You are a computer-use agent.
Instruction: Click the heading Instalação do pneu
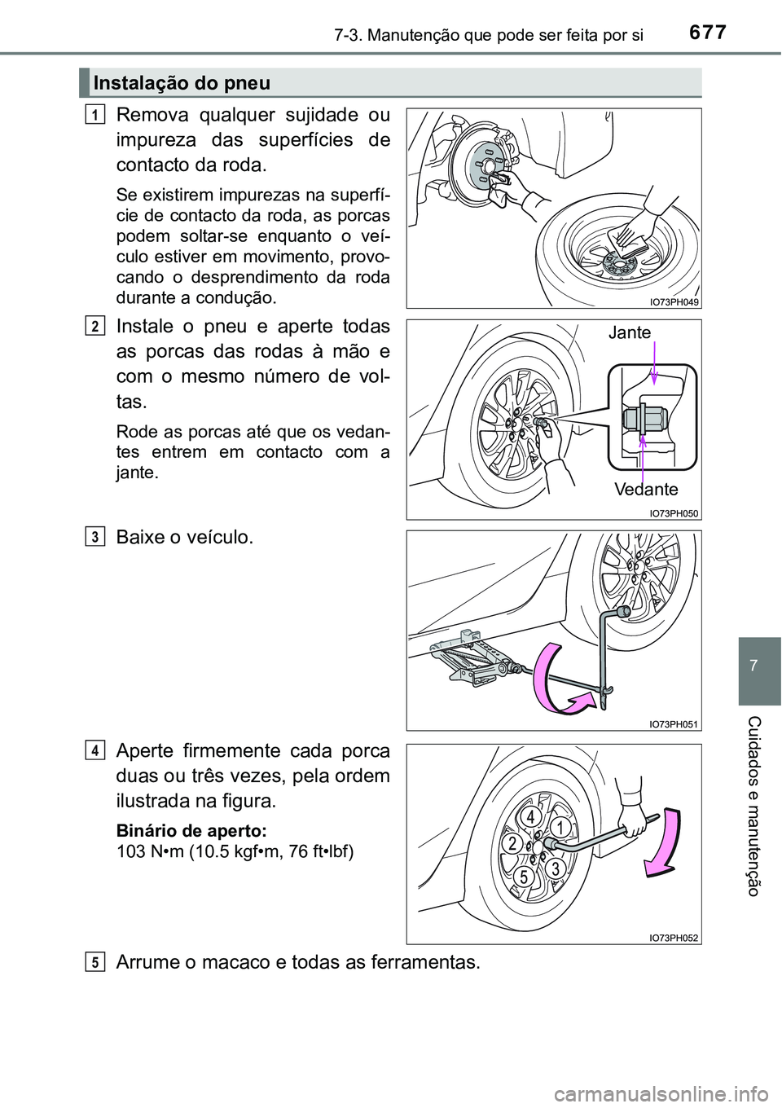[182, 83]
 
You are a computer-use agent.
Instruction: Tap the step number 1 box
[96, 116]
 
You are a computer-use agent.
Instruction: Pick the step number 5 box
[96, 962]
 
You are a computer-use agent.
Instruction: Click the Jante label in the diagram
[629, 332]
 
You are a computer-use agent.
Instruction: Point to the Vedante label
[646, 490]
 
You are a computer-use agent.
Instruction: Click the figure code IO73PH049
[674, 301]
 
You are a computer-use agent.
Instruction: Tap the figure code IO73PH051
[674, 723]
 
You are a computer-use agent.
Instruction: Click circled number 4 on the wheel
[530, 816]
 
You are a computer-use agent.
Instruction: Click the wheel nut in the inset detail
[642, 419]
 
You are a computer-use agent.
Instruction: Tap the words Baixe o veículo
[185, 538]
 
